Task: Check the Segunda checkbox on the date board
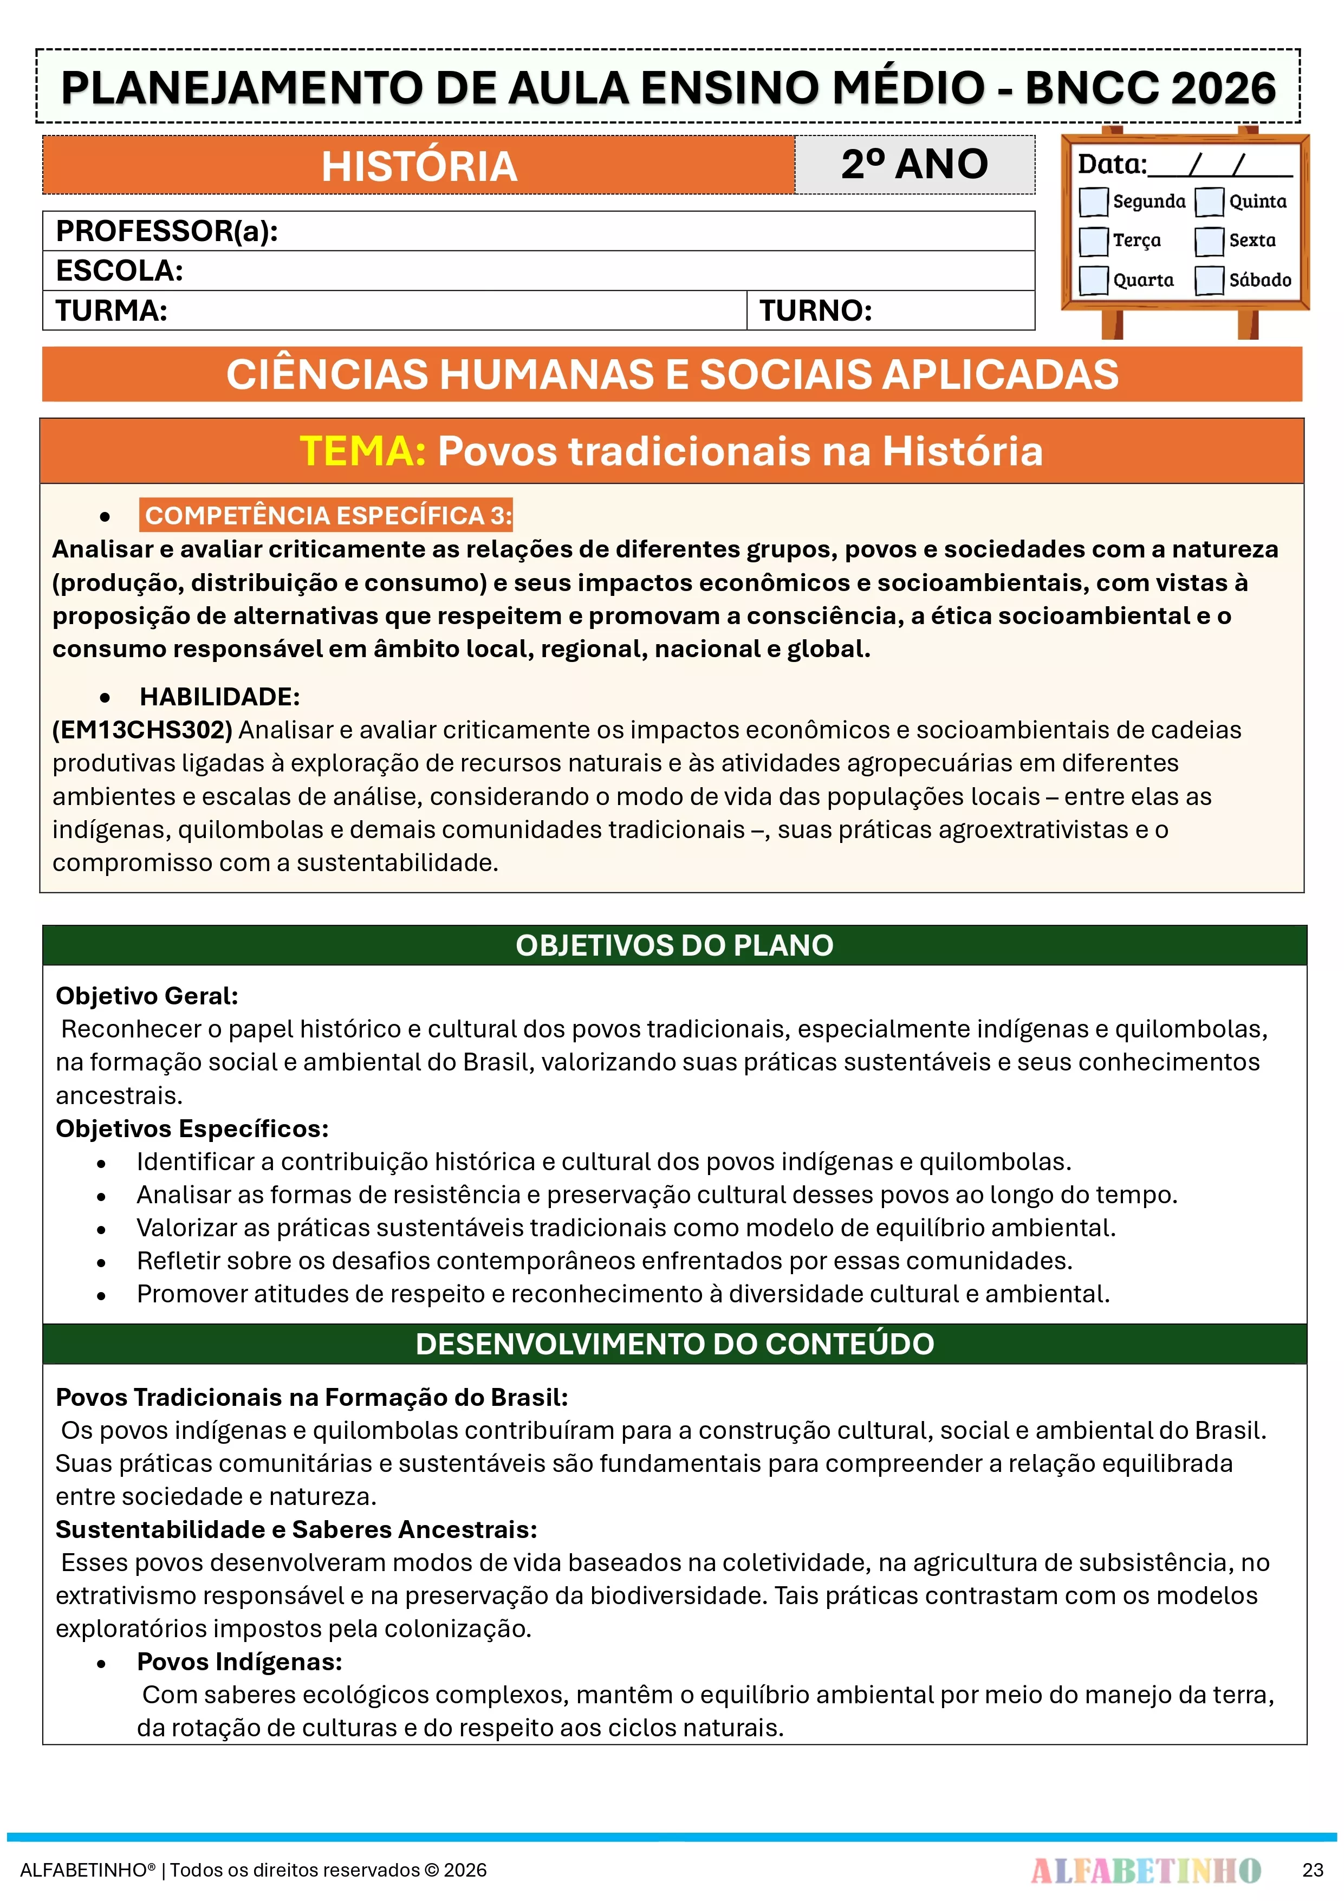click(1093, 201)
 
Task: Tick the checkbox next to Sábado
click(1209, 280)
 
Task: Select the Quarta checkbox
click(1093, 280)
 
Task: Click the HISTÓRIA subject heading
click(419, 166)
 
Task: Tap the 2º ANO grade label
click(914, 164)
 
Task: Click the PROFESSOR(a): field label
click(166, 231)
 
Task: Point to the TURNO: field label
click(816, 310)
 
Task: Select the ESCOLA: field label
click(119, 271)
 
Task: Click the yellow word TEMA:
click(362, 451)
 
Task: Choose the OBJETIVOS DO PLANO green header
click(674, 945)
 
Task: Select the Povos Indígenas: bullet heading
click(239, 1662)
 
